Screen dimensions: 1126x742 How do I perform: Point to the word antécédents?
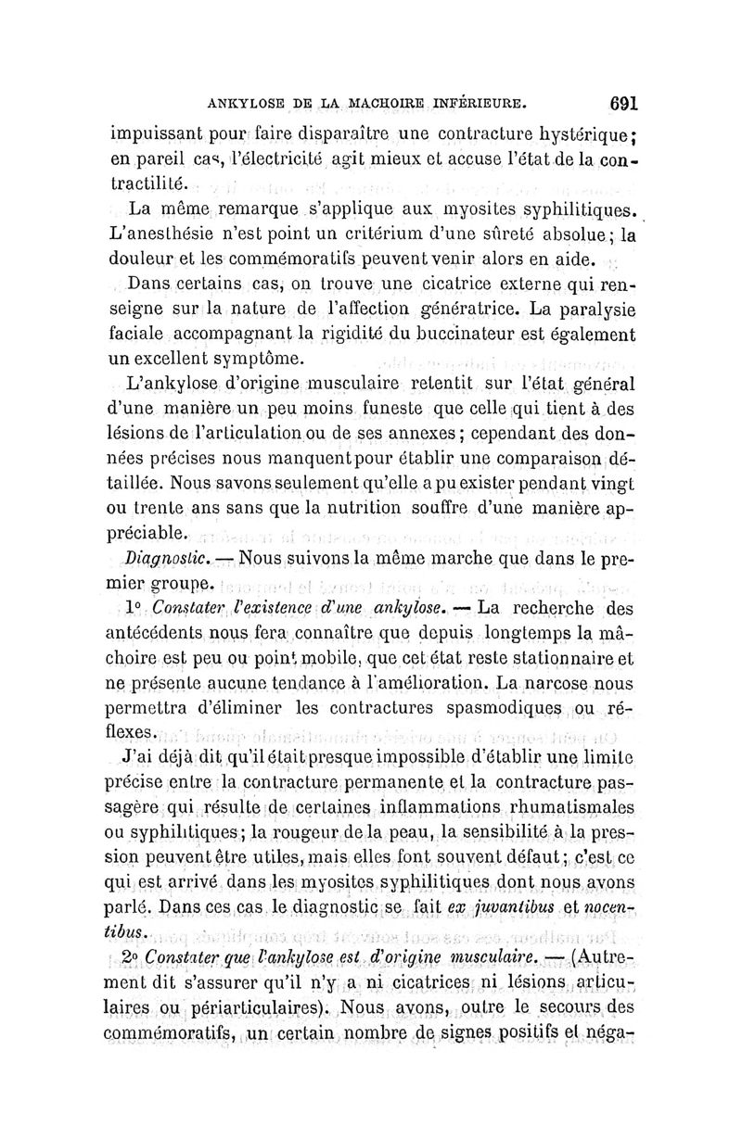[x=160, y=637]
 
